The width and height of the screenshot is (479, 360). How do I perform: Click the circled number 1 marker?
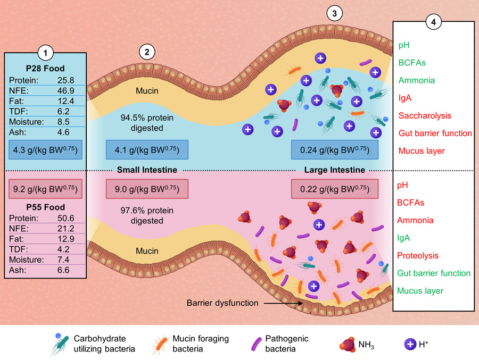click(46, 53)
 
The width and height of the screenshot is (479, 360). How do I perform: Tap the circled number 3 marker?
click(334, 14)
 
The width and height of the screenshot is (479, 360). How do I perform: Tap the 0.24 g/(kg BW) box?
click(335, 150)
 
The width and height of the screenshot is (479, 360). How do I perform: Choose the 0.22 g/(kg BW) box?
click(335, 189)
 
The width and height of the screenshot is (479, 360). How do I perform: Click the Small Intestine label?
click(146, 170)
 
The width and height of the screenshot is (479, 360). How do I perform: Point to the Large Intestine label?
click(334, 170)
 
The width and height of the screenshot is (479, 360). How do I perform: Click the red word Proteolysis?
click(418, 256)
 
